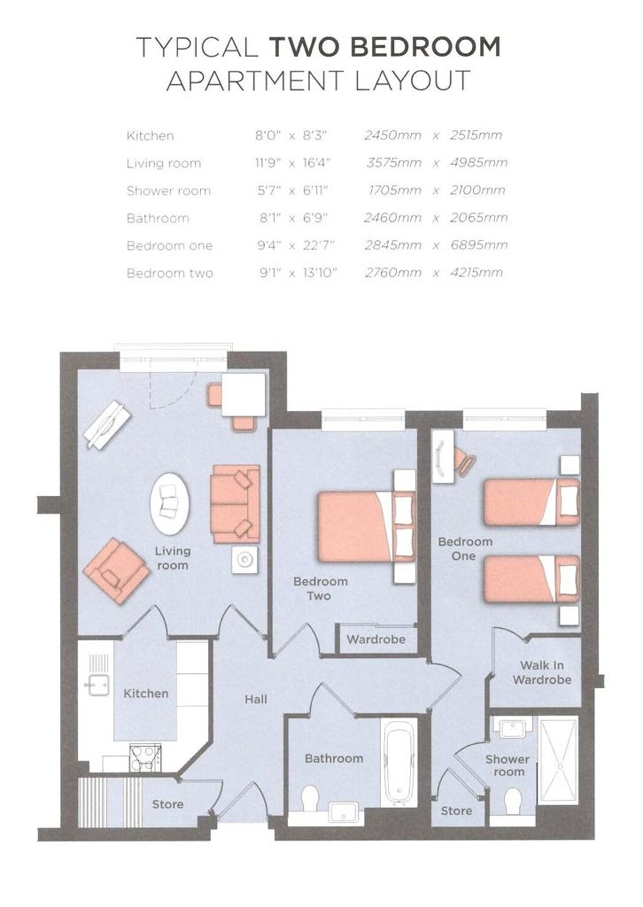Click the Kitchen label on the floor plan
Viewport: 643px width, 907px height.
click(146, 693)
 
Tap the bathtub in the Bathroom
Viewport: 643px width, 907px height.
click(399, 763)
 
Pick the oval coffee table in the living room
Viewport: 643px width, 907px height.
click(169, 504)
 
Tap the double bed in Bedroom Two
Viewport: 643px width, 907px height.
click(367, 527)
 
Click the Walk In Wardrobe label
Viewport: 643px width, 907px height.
click(542, 673)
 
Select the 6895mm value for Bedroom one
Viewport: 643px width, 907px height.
click(479, 245)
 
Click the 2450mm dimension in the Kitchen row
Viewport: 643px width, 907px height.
click(392, 136)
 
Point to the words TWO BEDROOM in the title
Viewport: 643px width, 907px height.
click(385, 47)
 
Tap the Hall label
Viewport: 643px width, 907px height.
click(256, 700)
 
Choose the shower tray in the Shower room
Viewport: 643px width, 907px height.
click(558, 760)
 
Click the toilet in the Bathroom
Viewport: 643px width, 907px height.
click(311, 798)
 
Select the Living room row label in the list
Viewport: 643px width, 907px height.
click(164, 164)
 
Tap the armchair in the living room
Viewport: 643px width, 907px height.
click(116, 570)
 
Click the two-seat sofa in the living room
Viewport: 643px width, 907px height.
click(235, 504)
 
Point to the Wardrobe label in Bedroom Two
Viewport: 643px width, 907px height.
click(376, 640)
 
